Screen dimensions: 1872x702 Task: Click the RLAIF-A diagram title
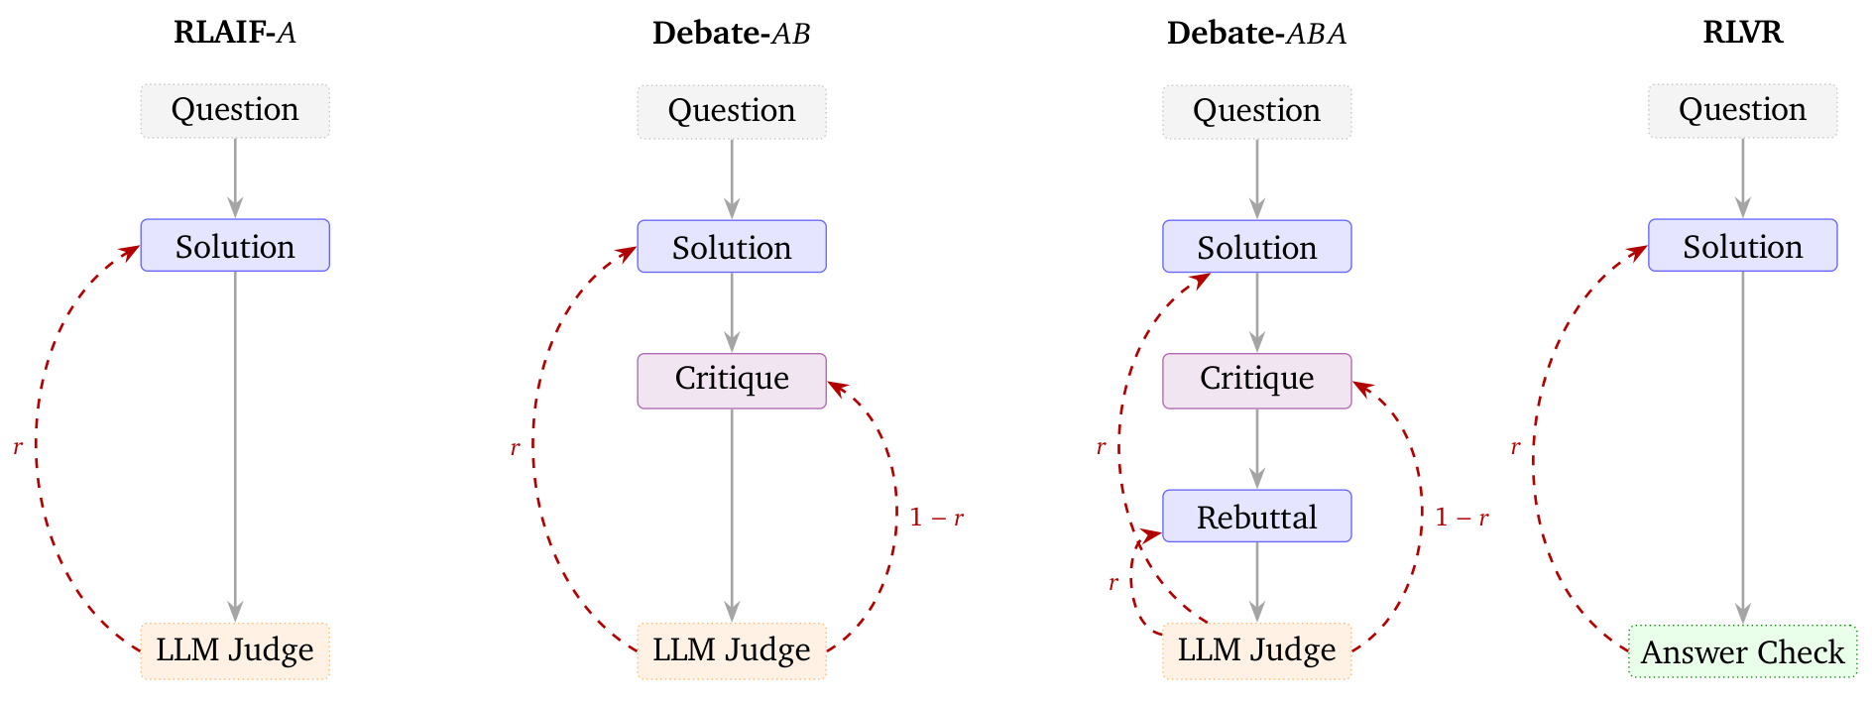pos(235,33)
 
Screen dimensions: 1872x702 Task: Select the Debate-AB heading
pos(732,33)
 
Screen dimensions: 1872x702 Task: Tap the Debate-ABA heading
pos(1256,33)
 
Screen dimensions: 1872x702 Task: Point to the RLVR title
pos(1742,32)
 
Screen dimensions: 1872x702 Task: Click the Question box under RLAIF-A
pos(235,111)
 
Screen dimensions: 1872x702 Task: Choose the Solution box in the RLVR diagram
pos(1742,245)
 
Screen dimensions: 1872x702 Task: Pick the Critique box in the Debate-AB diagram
pos(732,381)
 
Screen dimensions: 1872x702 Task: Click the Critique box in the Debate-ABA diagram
pos(1256,381)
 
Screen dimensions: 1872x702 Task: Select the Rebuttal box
pos(1256,516)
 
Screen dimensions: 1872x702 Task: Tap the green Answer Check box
pos(1742,651)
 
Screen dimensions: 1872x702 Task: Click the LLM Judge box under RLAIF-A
pos(235,651)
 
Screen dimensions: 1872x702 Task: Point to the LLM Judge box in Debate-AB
pos(732,651)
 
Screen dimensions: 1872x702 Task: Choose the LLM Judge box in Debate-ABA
pos(1256,651)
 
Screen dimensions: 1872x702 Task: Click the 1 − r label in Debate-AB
pos(937,518)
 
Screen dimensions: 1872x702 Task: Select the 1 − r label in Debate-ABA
pos(1462,518)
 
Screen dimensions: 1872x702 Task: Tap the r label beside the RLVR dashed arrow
pos(1515,448)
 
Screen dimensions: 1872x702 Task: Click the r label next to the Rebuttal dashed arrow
pos(1113,583)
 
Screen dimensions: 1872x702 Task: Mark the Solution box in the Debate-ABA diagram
pos(1256,246)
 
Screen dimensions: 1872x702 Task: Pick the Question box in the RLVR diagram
pos(1742,111)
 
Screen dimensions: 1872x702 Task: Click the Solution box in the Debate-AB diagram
pos(732,246)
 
